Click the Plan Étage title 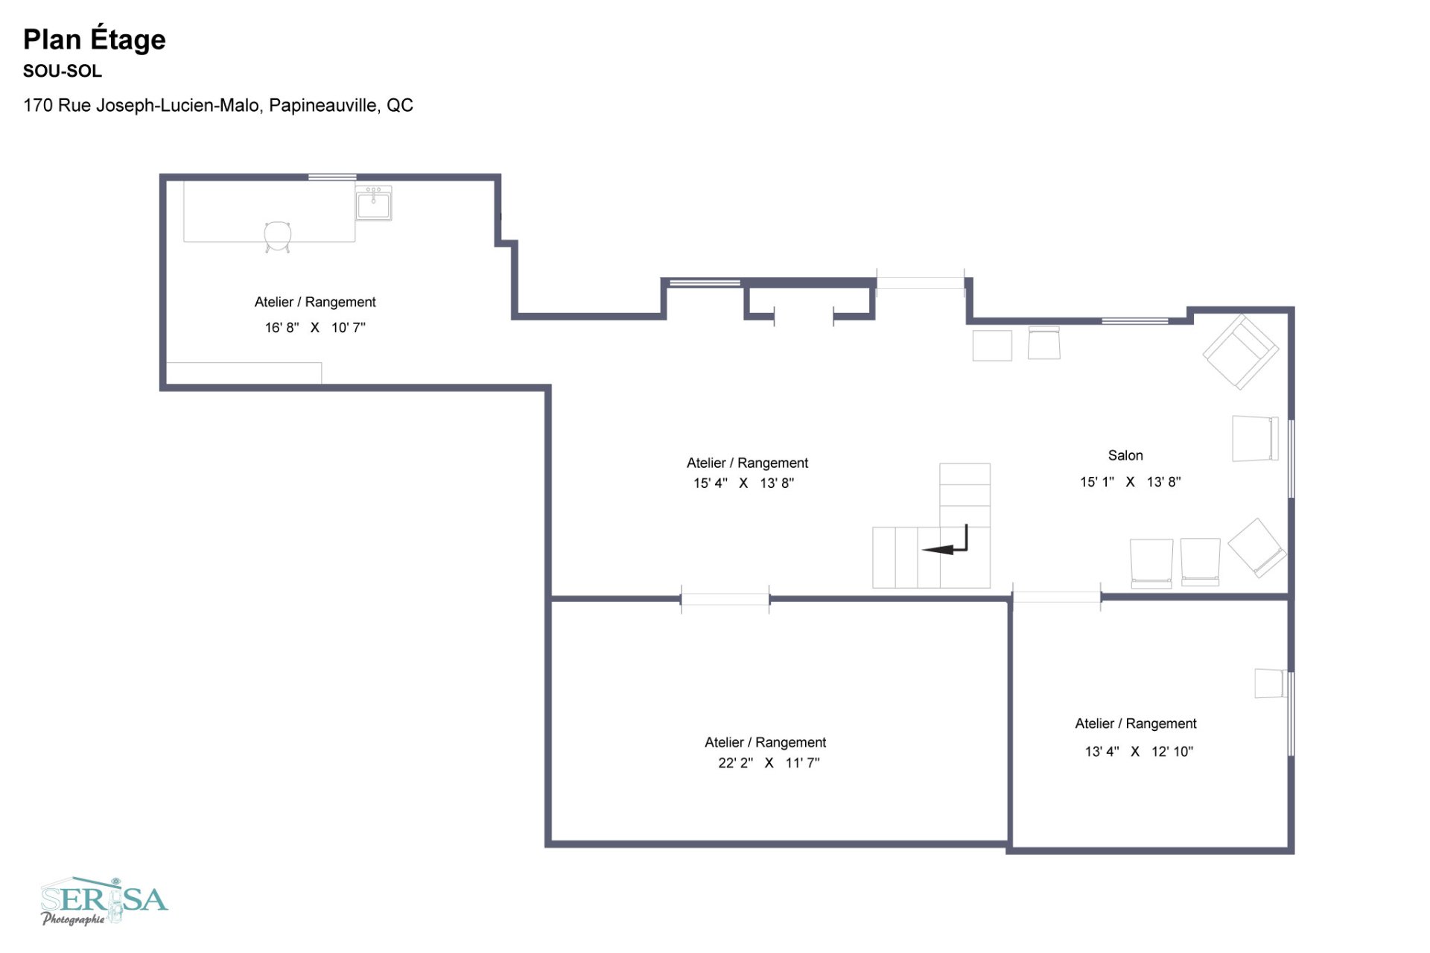click(95, 39)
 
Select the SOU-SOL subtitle click(62, 72)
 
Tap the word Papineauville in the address click(323, 105)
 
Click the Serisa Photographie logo click(104, 901)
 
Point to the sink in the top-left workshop click(373, 204)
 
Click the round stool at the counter click(277, 235)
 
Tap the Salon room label click(1125, 455)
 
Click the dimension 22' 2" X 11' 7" click(768, 763)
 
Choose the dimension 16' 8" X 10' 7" click(315, 327)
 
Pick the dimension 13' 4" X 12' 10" click(1138, 752)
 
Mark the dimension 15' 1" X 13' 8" click(1130, 482)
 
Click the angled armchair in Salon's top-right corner click(1240, 352)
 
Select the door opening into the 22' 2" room click(725, 598)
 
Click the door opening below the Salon click(1056, 597)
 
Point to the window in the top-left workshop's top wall click(332, 177)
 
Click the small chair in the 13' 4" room click(1269, 683)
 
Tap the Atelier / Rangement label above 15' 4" click(747, 463)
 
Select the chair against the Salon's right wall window click(1255, 439)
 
